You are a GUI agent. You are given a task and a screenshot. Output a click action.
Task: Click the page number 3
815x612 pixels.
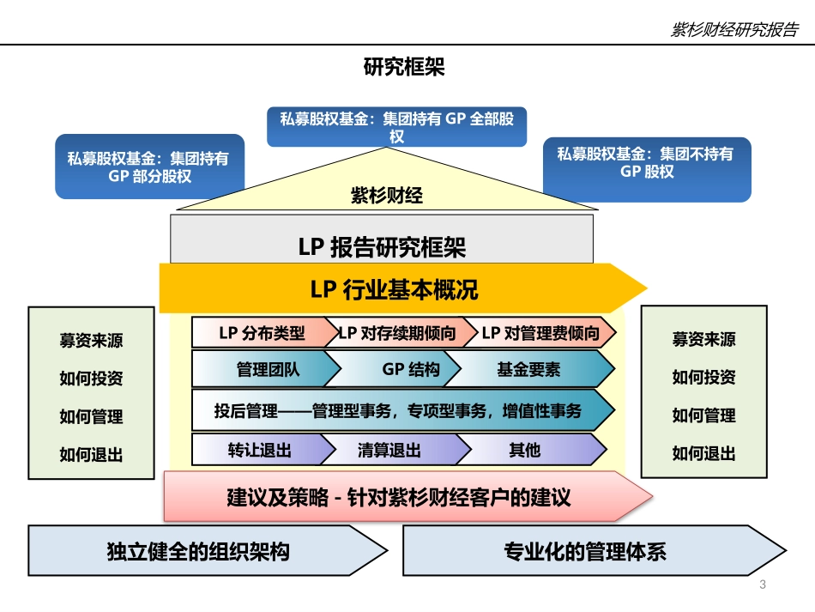coord(763,585)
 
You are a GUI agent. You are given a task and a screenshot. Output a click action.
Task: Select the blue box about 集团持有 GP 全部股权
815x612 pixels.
coord(397,127)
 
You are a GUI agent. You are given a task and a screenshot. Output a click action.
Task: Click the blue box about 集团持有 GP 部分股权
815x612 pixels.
coord(149,167)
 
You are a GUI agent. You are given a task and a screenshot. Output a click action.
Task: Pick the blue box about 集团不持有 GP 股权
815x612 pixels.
coord(647,162)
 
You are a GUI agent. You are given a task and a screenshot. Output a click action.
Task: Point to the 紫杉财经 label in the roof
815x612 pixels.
coord(387,195)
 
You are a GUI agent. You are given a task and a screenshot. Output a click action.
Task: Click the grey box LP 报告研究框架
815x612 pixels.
coord(382,247)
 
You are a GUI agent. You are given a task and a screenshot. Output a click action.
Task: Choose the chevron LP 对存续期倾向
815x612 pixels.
coord(397,333)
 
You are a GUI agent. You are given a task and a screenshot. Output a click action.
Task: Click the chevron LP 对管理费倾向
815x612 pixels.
coord(540,333)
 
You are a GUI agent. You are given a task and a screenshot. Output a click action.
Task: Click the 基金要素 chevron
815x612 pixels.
coord(528,370)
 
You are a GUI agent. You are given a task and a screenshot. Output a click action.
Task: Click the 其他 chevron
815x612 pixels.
coord(524,450)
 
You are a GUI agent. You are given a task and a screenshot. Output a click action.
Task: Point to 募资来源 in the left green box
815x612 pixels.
coord(91,340)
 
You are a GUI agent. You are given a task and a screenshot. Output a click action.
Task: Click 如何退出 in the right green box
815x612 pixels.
coord(703,453)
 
